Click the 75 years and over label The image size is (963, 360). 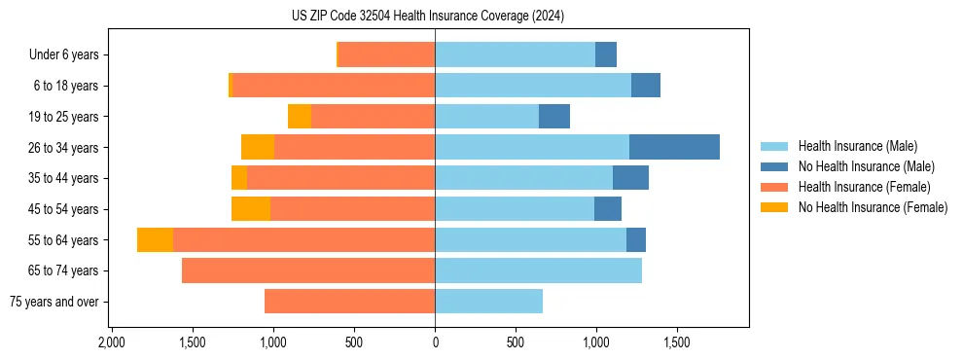pyautogui.click(x=53, y=302)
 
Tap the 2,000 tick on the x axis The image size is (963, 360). pyautogui.click(x=112, y=342)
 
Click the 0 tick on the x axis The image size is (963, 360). pyautogui.click(x=435, y=342)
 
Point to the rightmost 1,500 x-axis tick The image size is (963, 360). pyautogui.click(x=676, y=342)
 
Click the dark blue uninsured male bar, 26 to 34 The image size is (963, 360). pyautogui.click(x=674, y=147)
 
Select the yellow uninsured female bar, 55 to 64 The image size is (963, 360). pyautogui.click(x=155, y=240)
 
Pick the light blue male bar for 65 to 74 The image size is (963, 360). pyautogui.click(x=538, y=270)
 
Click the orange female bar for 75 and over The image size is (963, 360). pyautogui.click(x=349, y=302)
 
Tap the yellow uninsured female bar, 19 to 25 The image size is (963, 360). pyautogui.click(x=300, y=117)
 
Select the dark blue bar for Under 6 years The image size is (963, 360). pyautogui.click(x=606, y=55)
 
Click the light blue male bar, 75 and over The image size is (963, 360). pyautogui.click(x=488, y=302)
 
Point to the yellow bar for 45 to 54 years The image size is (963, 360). pyautogui.click(x=251, y=209)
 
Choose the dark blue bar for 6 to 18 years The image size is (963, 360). pyautogui.click(x=646, y=86)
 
